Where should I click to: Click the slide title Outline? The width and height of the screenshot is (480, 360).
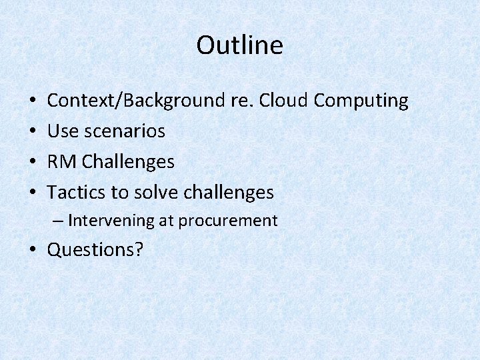[240, 45]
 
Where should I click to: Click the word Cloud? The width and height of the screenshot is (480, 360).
[283, 101]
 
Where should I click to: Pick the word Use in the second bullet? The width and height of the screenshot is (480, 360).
[63, 131]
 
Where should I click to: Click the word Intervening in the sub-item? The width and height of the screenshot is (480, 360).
[111, 221]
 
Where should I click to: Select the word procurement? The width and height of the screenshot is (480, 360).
[236, 221]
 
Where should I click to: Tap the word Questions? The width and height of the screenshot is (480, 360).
[95, 249]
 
